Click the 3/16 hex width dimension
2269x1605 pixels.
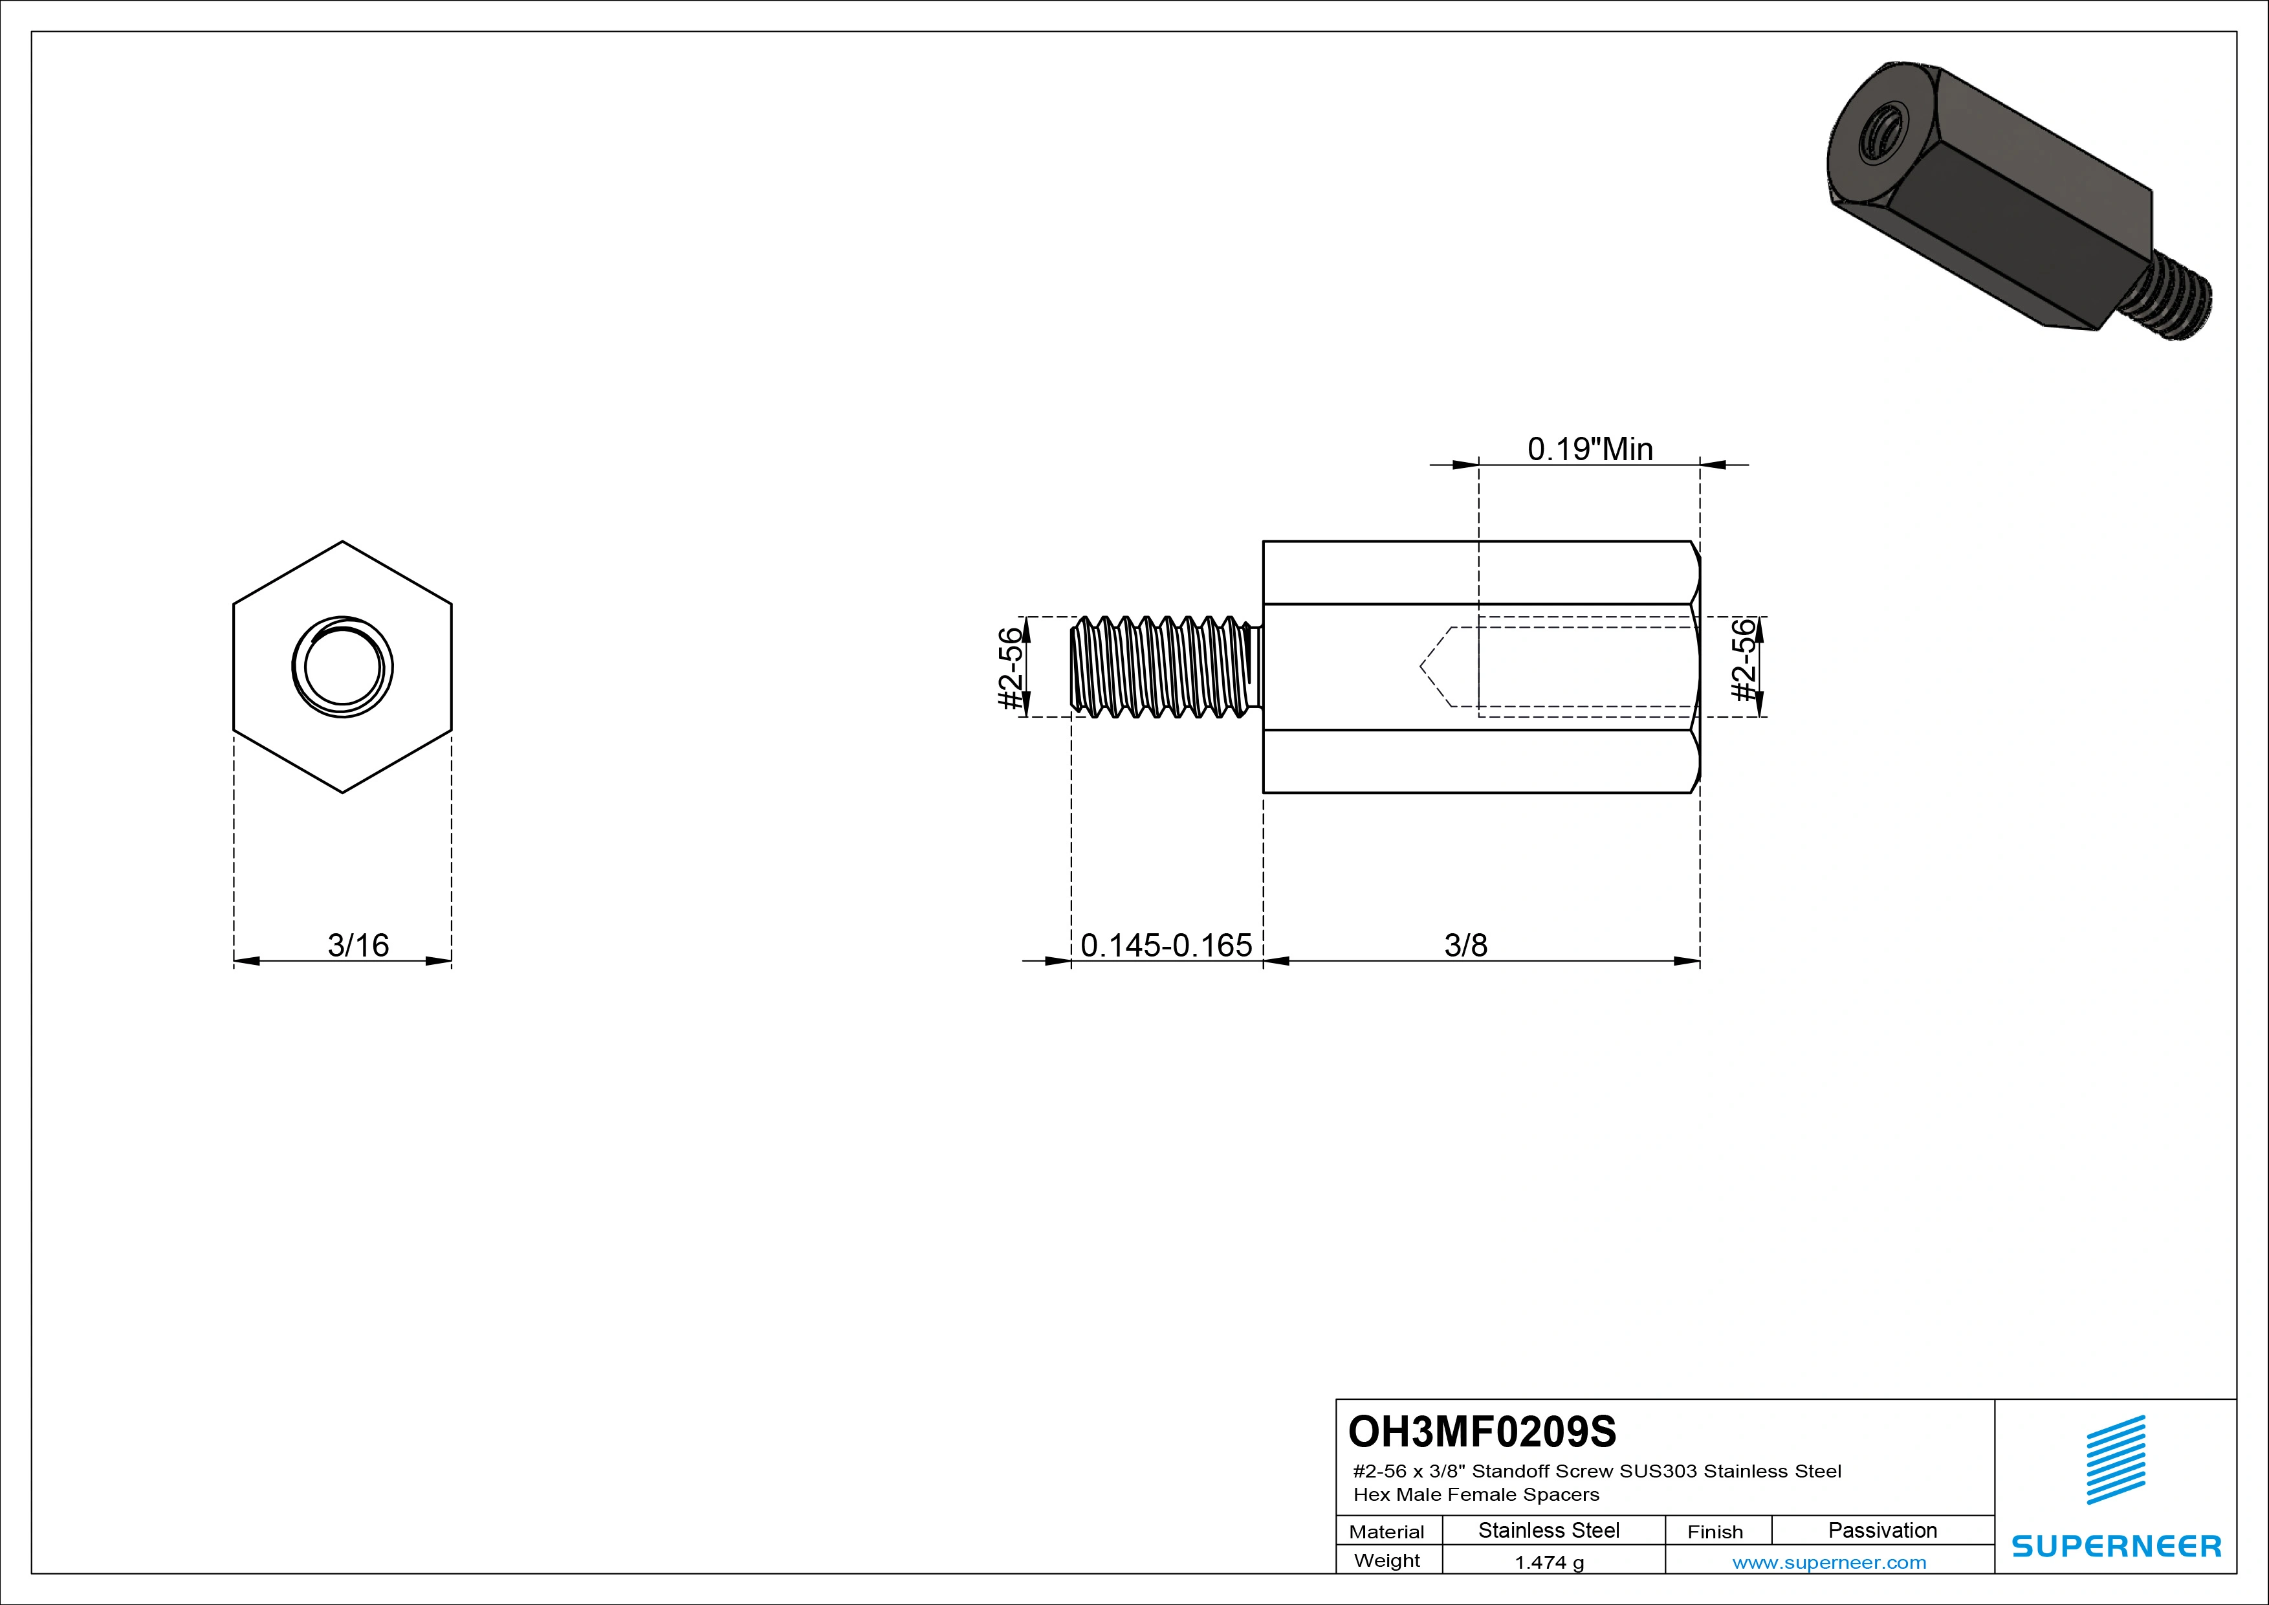[358, 946]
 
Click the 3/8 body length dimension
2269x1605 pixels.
[1465, 946]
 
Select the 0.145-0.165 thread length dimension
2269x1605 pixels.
[1166, 946]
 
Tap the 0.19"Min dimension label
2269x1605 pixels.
[1590, 450]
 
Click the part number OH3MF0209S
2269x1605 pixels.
[1482, 1431]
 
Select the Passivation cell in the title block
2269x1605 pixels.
[1881, 1530]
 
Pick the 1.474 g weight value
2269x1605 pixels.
[1548, 1562]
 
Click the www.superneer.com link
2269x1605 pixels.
[1829, 1562]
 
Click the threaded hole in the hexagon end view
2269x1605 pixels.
[342, 667]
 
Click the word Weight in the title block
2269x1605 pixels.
[1387, 1560]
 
